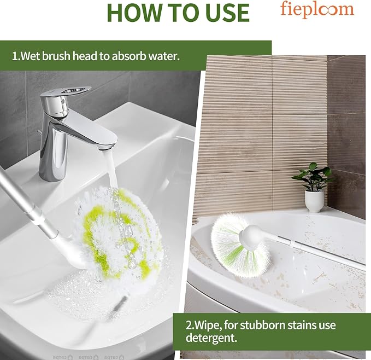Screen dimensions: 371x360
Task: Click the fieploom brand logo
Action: pos(317,9)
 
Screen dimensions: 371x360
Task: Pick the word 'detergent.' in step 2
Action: pos(211,338)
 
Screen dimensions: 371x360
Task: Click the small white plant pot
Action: pos(314,201)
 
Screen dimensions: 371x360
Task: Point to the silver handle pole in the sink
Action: pos(28,203)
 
